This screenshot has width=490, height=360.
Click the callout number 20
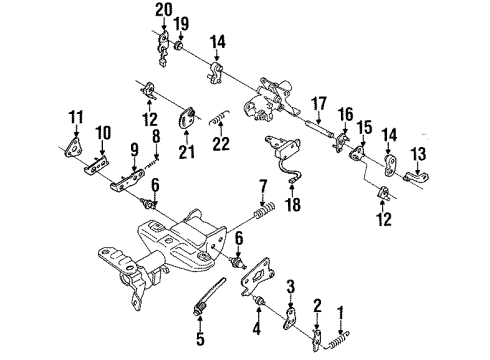click(164, 10)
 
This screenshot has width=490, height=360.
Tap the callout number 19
click(182, 24)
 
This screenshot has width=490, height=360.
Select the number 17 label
click(319, 104)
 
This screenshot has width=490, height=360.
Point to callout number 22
click(221, 143)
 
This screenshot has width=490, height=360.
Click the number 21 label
click(186, 152)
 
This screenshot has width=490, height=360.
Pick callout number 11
click(76, 117)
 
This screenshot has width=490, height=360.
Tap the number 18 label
click(293, 204)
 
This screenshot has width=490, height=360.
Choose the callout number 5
click(200, 338)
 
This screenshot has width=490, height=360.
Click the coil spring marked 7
click(265, 211)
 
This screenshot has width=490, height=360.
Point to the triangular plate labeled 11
click(74, 147)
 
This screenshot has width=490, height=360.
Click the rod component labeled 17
click(319, 128)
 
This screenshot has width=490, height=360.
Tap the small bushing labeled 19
click(179, 45)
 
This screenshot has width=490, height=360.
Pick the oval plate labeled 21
click(186, 117)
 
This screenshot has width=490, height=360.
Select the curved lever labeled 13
click(417, 176)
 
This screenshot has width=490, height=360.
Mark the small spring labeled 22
click(219, 118)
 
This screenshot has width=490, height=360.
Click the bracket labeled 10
click(96, 166)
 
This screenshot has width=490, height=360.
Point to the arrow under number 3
click(291, 301)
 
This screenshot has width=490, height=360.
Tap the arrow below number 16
click(345, 128)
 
